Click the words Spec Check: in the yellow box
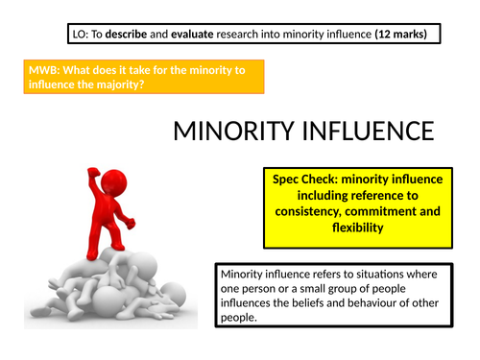(305, 179)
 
